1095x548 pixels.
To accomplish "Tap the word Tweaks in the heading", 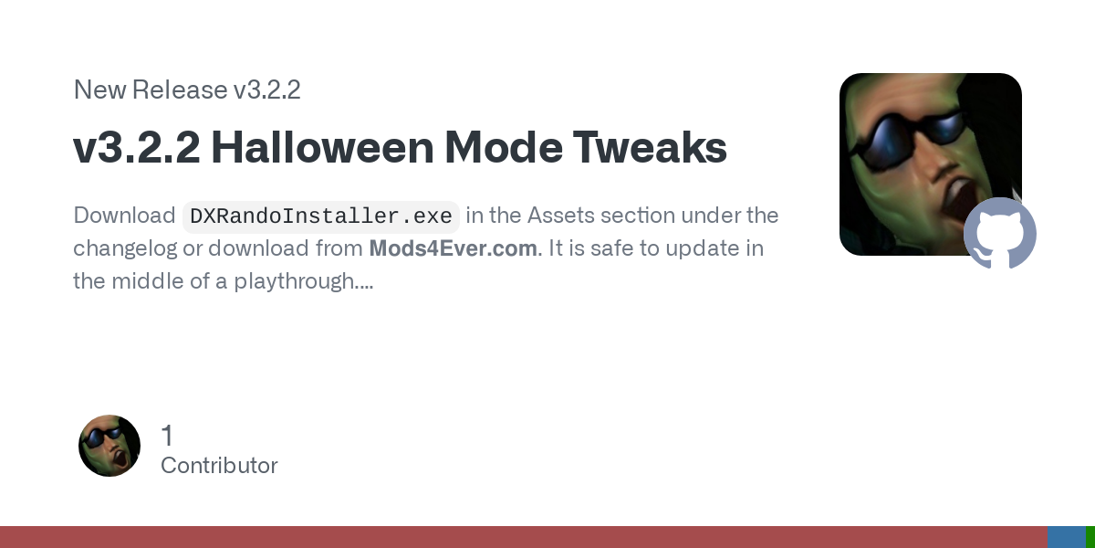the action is point(650,147).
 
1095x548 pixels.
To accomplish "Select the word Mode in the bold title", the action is point(504,147).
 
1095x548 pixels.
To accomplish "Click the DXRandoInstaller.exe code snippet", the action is point(320,216).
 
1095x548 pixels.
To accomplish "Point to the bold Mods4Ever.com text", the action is point(454,248).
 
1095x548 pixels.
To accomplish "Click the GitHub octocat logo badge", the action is point(1000,233).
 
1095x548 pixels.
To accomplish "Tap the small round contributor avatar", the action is point(109,446).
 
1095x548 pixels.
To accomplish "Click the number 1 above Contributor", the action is point(167,436).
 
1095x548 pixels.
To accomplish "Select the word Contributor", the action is point(219,465).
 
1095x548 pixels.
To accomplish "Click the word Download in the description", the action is point(124,216).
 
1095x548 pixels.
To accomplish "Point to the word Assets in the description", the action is point(560,216).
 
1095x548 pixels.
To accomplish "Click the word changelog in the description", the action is point(125,249).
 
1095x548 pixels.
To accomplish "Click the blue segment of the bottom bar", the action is point(1067,537).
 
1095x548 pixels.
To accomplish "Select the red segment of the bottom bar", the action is point(524,537).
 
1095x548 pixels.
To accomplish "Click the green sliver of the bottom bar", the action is point(1090,537).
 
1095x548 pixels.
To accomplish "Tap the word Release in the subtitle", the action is point(180,90).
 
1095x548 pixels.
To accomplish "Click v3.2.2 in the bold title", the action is point(137,147).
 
